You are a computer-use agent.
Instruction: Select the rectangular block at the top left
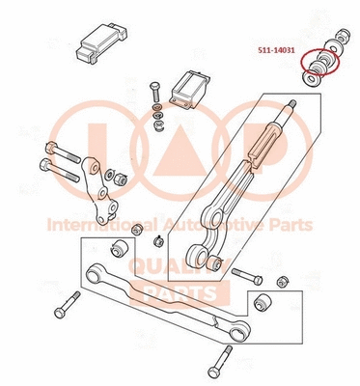pyautogui.click(x=102, y=38)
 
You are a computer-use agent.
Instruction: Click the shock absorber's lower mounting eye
pyautogui.click(x=205, y=257)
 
